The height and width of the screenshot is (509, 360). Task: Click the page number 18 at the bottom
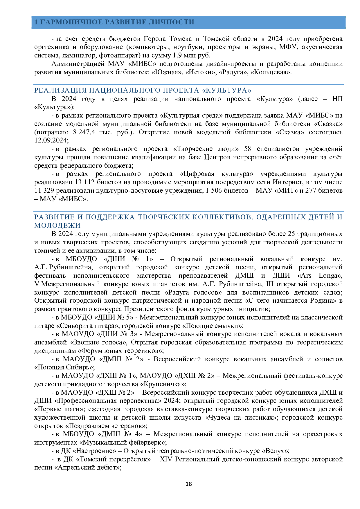click(189, 484)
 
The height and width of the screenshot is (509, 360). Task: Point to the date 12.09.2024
click(51, 140)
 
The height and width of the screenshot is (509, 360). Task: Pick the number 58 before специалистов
click(247, 149)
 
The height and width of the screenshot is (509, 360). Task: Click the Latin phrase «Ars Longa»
click(320, 275)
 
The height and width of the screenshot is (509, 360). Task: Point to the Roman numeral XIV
click(166, 459)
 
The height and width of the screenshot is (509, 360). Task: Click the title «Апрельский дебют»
click(87, 468)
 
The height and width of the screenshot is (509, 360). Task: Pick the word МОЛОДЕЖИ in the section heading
click(57, 225)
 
